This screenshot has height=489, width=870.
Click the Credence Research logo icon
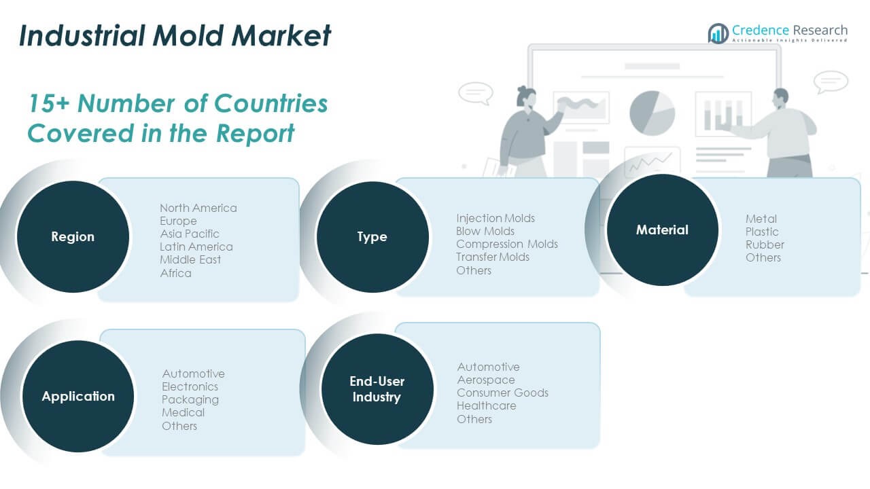coord(718,33)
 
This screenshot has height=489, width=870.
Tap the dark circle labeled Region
coord(73,237)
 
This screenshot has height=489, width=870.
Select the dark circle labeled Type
coord(372,237)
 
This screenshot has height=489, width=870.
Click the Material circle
coord(662,230)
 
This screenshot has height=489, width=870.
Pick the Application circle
coord(78,396)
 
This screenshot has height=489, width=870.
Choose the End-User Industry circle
coord(377,389)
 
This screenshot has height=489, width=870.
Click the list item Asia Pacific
coord(190,234)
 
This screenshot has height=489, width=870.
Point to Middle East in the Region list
coord(190,259)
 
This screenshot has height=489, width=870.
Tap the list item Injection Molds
coord(495,218)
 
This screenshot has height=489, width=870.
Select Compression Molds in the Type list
coord(507,244)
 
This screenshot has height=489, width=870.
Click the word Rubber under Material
coord(765,245)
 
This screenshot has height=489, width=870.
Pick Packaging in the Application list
coord(190,400)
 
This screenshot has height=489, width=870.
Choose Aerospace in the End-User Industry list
coord(486,380)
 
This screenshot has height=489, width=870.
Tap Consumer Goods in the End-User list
coord(502,393)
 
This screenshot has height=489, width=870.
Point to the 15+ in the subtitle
coord(49,104)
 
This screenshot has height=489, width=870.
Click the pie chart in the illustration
coord(652,113)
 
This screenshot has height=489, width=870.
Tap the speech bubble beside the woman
coord(476,93)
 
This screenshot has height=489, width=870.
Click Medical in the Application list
coord(183,412)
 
